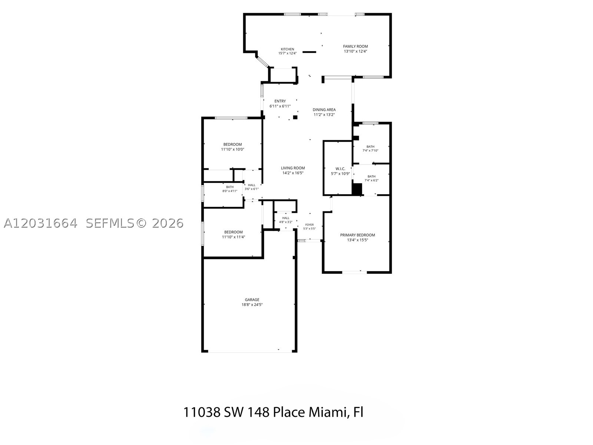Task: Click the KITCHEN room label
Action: coord(287,49)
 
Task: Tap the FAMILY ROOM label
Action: coord(355,46)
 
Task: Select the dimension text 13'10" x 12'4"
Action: coord(355,51)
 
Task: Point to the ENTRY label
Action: coord(280,101)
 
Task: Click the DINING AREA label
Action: coord(324,110)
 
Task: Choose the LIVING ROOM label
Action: coord(293,168)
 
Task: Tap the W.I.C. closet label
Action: coord(340,169)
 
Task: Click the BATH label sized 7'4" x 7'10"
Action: coord(370,147)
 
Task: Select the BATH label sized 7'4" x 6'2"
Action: coord(371,177)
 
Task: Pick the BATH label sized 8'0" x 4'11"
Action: coord(230,187)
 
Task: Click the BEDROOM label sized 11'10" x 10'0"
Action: coord(233,145)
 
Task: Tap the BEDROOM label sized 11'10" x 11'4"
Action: coord(233,232)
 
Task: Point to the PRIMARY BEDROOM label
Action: coord(357,235)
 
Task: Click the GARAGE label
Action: coord(252,300)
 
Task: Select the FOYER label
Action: coord(309,225)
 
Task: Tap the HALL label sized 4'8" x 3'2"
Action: coord(285,218)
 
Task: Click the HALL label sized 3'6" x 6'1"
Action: coord(252,185)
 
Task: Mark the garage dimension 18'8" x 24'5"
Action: coord(252,304)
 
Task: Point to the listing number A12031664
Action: coord(40,223)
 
